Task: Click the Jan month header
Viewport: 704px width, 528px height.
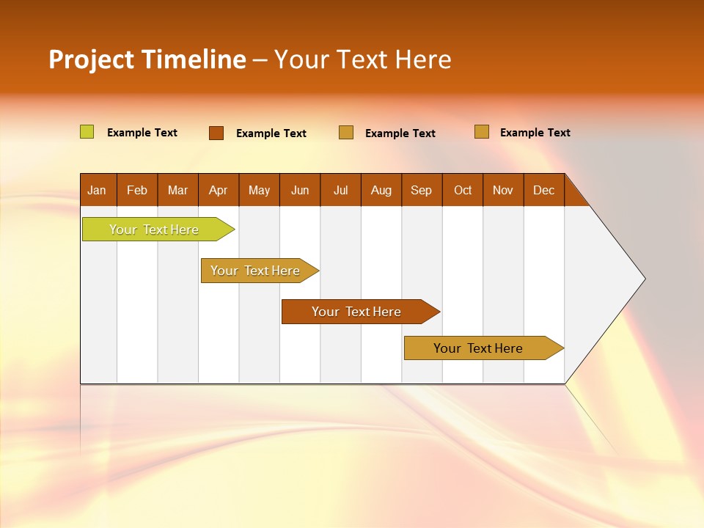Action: (97, 190)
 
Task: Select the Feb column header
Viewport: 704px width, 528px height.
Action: (137, 190)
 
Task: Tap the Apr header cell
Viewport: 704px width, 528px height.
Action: (218, 190)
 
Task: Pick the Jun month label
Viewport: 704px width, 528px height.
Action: (300, 190)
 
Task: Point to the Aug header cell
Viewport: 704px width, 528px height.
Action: (381, 190)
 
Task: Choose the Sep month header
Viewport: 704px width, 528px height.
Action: (421, 190)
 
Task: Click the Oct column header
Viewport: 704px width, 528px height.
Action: (463, 190)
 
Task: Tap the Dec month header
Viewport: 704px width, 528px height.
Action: (543, 190)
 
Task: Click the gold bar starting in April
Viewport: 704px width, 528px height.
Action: (257, 271)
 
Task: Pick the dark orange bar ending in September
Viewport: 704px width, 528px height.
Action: (358, 312)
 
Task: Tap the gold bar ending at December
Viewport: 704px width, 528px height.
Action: (480, 348)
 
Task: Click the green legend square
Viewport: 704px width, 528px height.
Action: (87, 132)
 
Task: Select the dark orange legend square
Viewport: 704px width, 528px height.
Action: (216, 133)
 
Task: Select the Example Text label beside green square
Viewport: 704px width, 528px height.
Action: (142, 133)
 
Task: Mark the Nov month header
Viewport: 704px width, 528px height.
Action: (502, 190)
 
